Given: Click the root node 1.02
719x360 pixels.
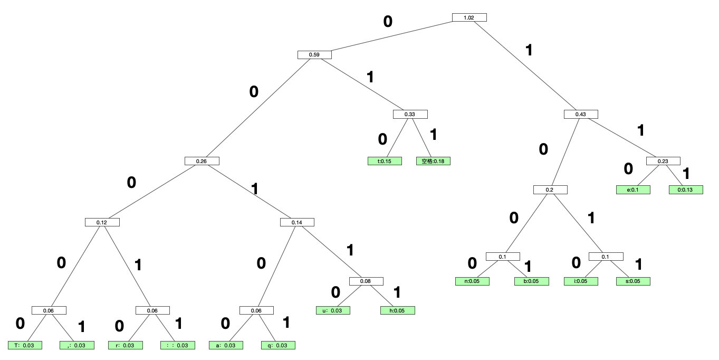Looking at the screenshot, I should [x=469, y=17].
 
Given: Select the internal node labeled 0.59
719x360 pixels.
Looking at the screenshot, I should [x=314, y=54].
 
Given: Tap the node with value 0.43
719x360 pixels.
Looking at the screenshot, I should [x=581, y=114].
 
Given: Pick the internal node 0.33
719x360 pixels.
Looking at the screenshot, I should [x=410, y=114].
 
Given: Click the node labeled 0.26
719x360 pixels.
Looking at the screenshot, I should [x=202, y=161].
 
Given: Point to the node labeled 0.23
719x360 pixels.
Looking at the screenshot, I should [x=663, y=161].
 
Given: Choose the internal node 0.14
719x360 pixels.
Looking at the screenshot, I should [x=297, y=222].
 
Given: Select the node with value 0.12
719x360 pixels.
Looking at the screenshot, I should [x=102, y=222].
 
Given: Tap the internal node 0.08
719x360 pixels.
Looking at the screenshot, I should [x=366, y=281].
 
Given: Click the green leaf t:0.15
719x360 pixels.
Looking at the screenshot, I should [x=385, y=161].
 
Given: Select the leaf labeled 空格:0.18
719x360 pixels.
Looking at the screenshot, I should [x=433, y=161].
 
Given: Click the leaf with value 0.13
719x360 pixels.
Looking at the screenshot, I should [x=686, y=189].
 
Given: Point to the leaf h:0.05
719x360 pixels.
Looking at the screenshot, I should [x=397, y=310].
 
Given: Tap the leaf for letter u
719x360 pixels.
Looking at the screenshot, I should [x=333, y=310].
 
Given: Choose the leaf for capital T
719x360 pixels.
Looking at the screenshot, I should [x=25, y=345].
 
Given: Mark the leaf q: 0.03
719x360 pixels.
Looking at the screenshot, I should [x=278, y=345].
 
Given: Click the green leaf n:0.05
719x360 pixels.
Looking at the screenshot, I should [x=472, y=281].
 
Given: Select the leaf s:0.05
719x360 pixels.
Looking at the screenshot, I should [x=632, y=281].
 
